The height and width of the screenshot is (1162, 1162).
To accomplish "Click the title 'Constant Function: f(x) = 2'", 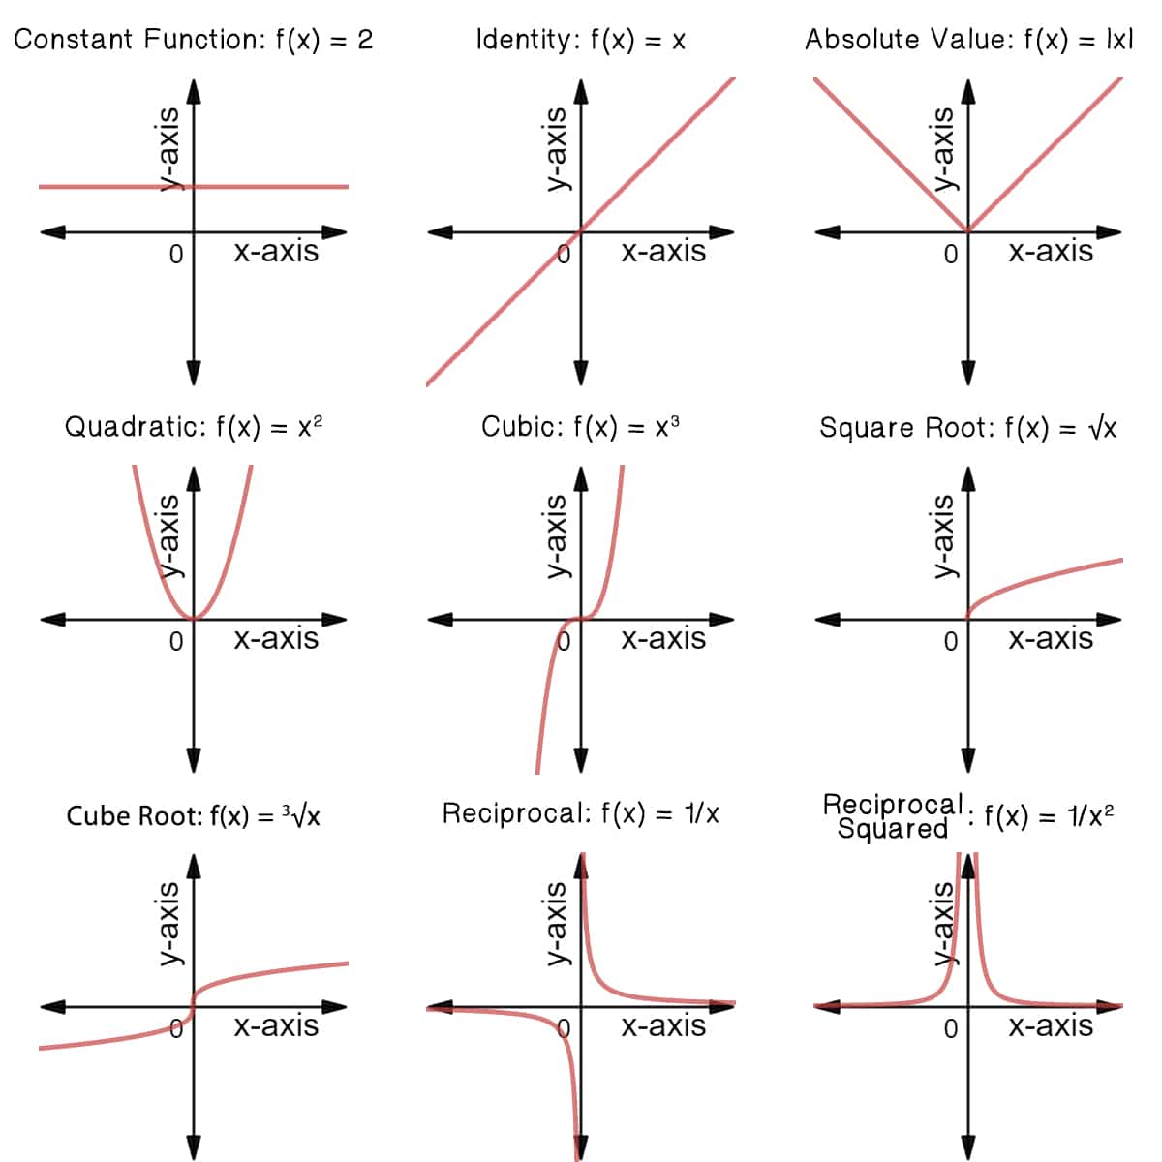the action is click(x=194, y=40).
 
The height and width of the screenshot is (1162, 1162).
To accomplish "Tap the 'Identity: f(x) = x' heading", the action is click(x=580, y=40).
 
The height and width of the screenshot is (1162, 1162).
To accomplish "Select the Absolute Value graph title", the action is click(x=968, y=40).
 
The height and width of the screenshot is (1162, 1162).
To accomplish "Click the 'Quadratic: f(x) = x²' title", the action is click(x=194, y=427).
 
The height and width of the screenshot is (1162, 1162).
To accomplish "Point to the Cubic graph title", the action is click(x=580, y=427).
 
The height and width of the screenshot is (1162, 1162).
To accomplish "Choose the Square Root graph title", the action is click(x=968, y=428).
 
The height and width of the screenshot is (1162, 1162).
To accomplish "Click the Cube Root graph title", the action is click(x=194, y=815).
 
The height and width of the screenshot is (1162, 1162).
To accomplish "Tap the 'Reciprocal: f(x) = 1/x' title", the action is click(x=580, y=813).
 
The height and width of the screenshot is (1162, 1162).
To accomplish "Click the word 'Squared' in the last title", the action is click(x=892, y=829).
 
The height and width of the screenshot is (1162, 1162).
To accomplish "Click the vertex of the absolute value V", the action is click(x=967, y=231).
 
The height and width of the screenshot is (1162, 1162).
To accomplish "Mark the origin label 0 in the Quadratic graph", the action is click(x=175, y=641).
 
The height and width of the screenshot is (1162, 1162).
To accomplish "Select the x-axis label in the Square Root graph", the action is click(x=1051, y=639).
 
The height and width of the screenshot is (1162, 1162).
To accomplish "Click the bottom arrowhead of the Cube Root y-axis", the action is click(x=194, y=1148).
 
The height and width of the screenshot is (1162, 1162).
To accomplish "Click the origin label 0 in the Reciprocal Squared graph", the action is click(x=950, y=1028).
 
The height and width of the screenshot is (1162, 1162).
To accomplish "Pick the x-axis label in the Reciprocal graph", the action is click(x=663, y=1026).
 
